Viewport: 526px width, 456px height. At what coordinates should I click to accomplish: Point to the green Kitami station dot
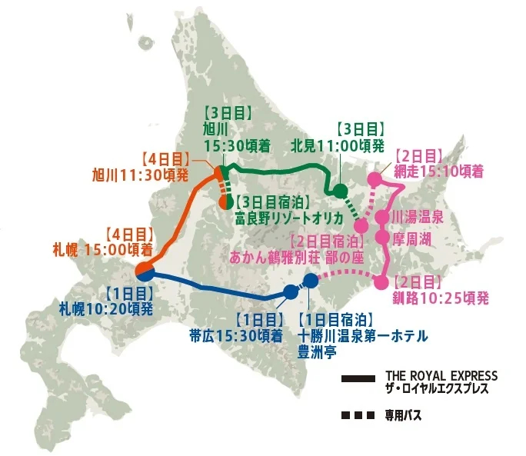(x=339, y=191)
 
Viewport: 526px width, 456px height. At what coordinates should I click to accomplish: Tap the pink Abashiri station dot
(x=375, y=179)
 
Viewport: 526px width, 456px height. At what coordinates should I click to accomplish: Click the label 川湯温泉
(x=417, y=218)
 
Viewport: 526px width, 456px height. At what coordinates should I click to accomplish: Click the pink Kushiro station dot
(x=381, y=282)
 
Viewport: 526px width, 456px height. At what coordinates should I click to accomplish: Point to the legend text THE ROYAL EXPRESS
(x=441, y=375)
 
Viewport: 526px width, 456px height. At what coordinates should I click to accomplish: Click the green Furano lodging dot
(x=228, y=204)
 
